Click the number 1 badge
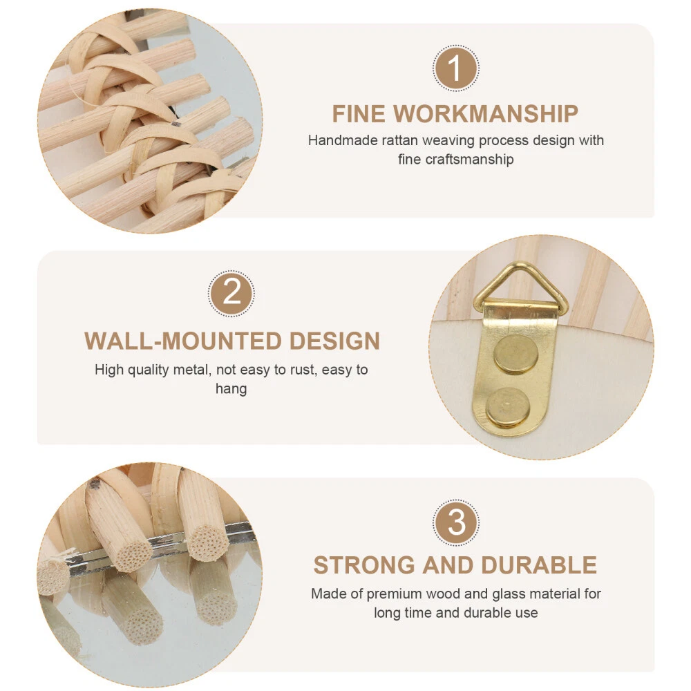click(455, 68)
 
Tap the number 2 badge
click(231, 293)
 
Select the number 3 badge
click(455, 522)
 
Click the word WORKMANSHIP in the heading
click(486, 114)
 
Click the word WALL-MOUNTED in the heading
click(183, 341)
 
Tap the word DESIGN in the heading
click(334, 341)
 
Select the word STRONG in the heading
click(364, 565)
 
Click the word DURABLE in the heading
click(539, 565)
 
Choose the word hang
click(231, 389)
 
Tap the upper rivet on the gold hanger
click(516, 354)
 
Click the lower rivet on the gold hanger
click(508, 407)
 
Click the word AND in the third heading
click(448, 565)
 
